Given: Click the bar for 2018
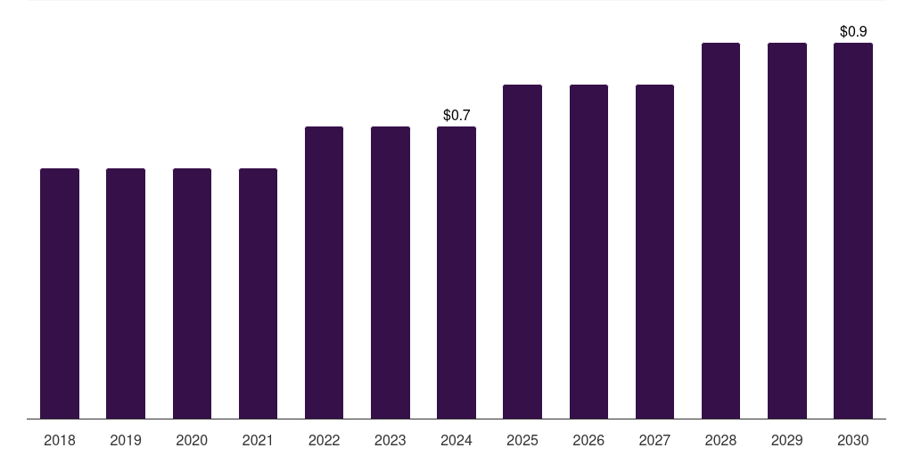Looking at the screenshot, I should (x=60, y=293).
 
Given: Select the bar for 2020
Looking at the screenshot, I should (x=192, y=293).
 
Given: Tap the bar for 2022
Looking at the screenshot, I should (x=324, y=273).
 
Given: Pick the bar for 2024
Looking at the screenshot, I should (x=456, y=273).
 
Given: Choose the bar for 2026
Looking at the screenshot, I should (x=588, y=251).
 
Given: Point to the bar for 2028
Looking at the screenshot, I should (x=720, y=231).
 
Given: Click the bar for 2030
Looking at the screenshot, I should (x=853, y=231).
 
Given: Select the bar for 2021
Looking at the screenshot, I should (x=258, y=293).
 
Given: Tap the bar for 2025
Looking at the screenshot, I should (x=522, y=251).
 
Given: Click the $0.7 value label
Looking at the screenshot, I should (x=456, y=115).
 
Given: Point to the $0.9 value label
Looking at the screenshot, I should (x=853, y=31).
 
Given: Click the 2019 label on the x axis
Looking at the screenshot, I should (x=126, y=440).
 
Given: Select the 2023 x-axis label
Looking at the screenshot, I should (x=391, y=440).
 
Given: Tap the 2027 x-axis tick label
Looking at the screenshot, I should (x=654, y=440).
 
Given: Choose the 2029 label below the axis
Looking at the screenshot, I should (x=787, y=440).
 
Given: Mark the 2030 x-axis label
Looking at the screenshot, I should (x=853, y=440).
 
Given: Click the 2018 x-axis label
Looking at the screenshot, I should (x=60, y=440).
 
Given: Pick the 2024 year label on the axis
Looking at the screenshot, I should (x=456, y=440).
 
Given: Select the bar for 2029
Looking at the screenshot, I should (x=787, y=231).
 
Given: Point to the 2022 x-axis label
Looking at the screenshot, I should (x=324, y=440).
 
